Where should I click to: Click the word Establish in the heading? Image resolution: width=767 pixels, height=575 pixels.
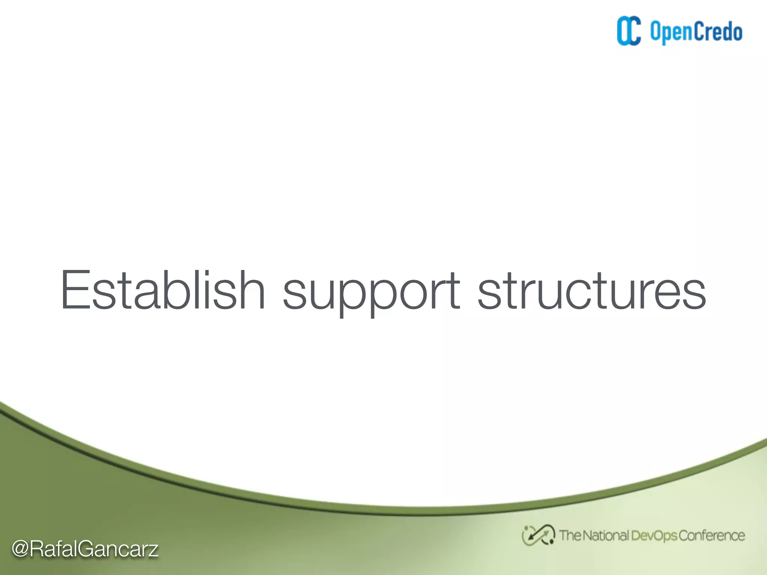pyautogui.click(x=163, y=290)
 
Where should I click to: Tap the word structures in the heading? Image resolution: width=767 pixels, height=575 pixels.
pyautogui.click(x=591, y=290)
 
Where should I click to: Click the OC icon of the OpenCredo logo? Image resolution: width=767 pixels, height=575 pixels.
pyautogui.click(x=629, y=31)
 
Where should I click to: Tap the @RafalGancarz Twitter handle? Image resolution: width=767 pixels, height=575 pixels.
pyautogui.click(x=85, y=549)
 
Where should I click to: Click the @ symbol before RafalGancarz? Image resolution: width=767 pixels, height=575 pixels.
pyautogui.click(x=21, y=549)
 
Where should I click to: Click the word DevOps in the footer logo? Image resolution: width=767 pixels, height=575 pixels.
pyautogui.click(x=654, y=536)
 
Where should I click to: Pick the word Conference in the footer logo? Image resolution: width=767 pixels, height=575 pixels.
pyautogui.click(x=712, y=536)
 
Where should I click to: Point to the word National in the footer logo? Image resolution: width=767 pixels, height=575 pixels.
pyautogui.click(x=606, y=536)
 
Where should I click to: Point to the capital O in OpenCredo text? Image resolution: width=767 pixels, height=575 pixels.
pyautogui.click(x=656, y=31)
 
